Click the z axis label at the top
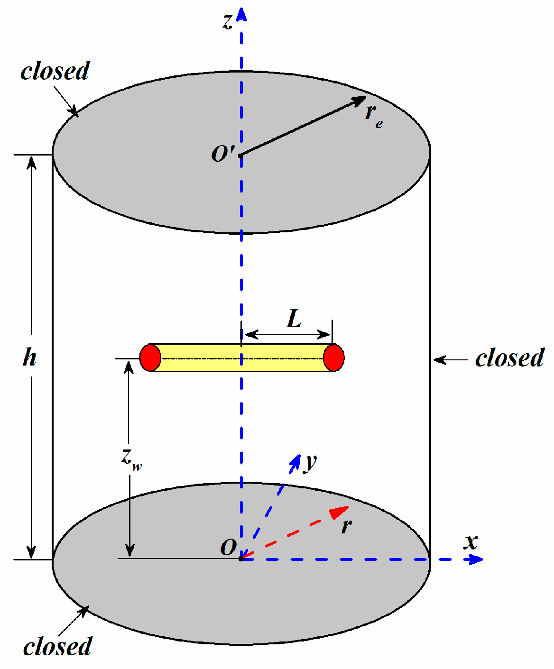[x=228, y=22]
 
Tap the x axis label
[x=471, y=542]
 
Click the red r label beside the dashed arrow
[x=347, y=526]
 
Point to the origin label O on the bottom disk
[x=228, y=548]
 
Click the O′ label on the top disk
[x=222, y=154]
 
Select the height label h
[x=29, y=357]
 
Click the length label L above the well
[x=294, y=319]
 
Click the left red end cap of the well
[x=150, y=357]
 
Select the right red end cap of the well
[x=334, y=357]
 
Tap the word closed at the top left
[x=55, y=72]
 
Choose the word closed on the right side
[x=509, y=358]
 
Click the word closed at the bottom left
[x=57, y=647]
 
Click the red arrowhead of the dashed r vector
[x=340, y=512]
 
